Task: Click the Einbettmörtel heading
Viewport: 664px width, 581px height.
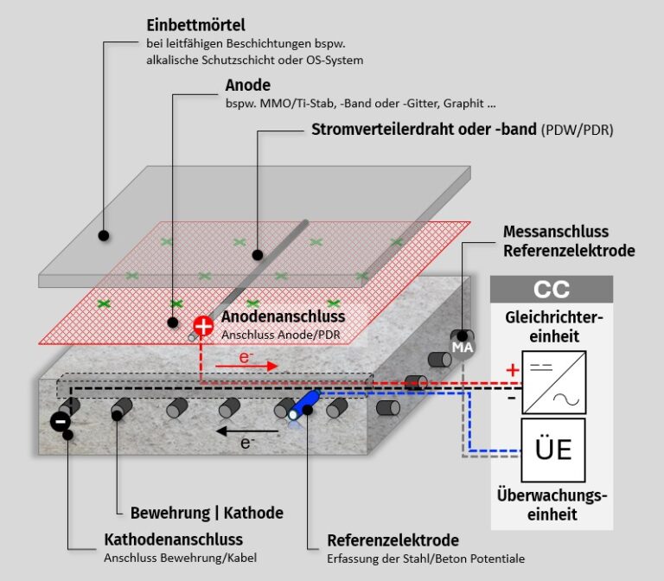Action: (x=195, y=24)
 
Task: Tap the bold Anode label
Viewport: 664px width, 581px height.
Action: (x=247, y=86)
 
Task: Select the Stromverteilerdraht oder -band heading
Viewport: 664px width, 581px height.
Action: (x=423, y=130)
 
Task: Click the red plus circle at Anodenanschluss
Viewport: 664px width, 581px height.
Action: (x=203, y=326)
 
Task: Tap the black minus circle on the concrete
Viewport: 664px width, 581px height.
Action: (x=60, y=422)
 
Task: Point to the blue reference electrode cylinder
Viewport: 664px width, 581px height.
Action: (x=304, y=405)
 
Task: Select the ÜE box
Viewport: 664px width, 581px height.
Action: (x=553, y=449)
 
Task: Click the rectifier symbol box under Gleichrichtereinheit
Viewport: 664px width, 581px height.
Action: (x=553, y=381)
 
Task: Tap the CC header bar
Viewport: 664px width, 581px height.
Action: (x=552, y=289)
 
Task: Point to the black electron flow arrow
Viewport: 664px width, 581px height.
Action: (x=247, y=430)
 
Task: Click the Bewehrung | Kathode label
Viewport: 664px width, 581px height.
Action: (x=207, y=513)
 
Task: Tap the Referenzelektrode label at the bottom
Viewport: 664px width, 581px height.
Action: (x=393, y=541)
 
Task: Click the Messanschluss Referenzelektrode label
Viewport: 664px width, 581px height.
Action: (x=568, y=241)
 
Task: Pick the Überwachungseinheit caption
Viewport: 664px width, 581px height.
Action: (x=552, y=506)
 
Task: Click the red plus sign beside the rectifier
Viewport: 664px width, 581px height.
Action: (x=513, y=370)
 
